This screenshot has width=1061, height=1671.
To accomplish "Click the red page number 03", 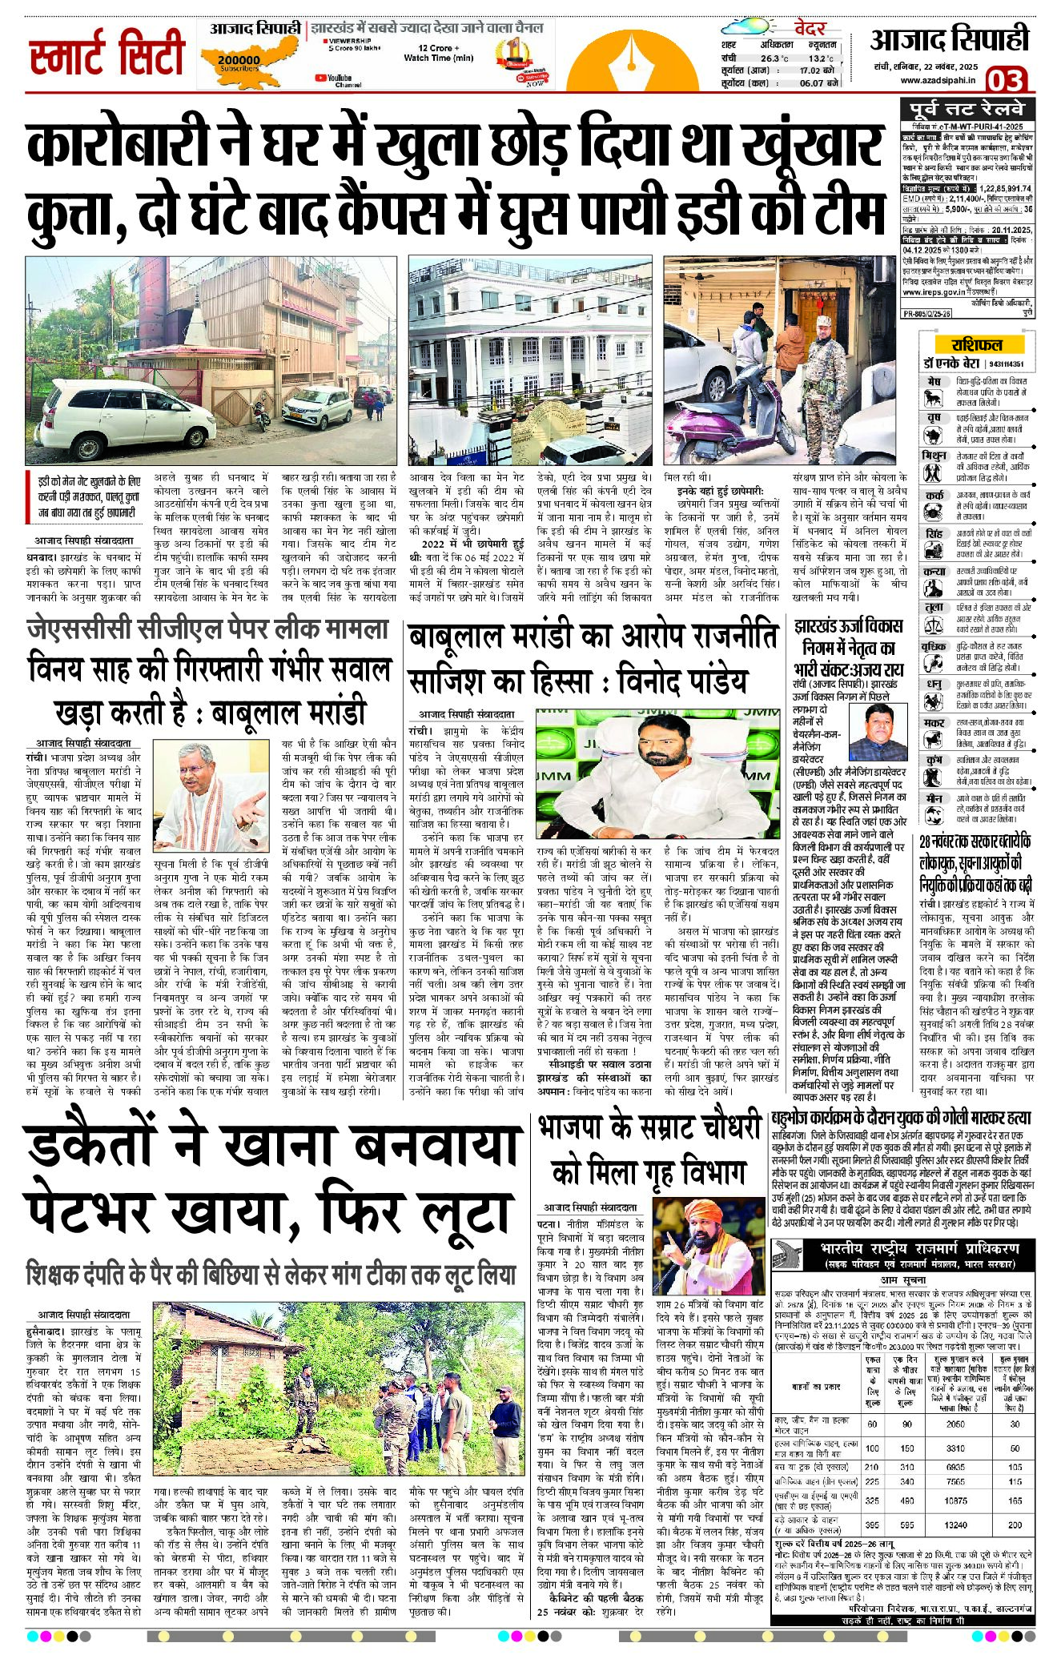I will tap(1005, 80).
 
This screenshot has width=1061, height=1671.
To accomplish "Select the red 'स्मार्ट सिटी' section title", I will tap(107, 54).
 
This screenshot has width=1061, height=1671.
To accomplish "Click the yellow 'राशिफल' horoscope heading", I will tap(976, 344).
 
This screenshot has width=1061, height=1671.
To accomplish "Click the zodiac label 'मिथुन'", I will tap(934, 456).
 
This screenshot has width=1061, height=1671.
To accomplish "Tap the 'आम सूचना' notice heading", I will tap(902, 1280).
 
